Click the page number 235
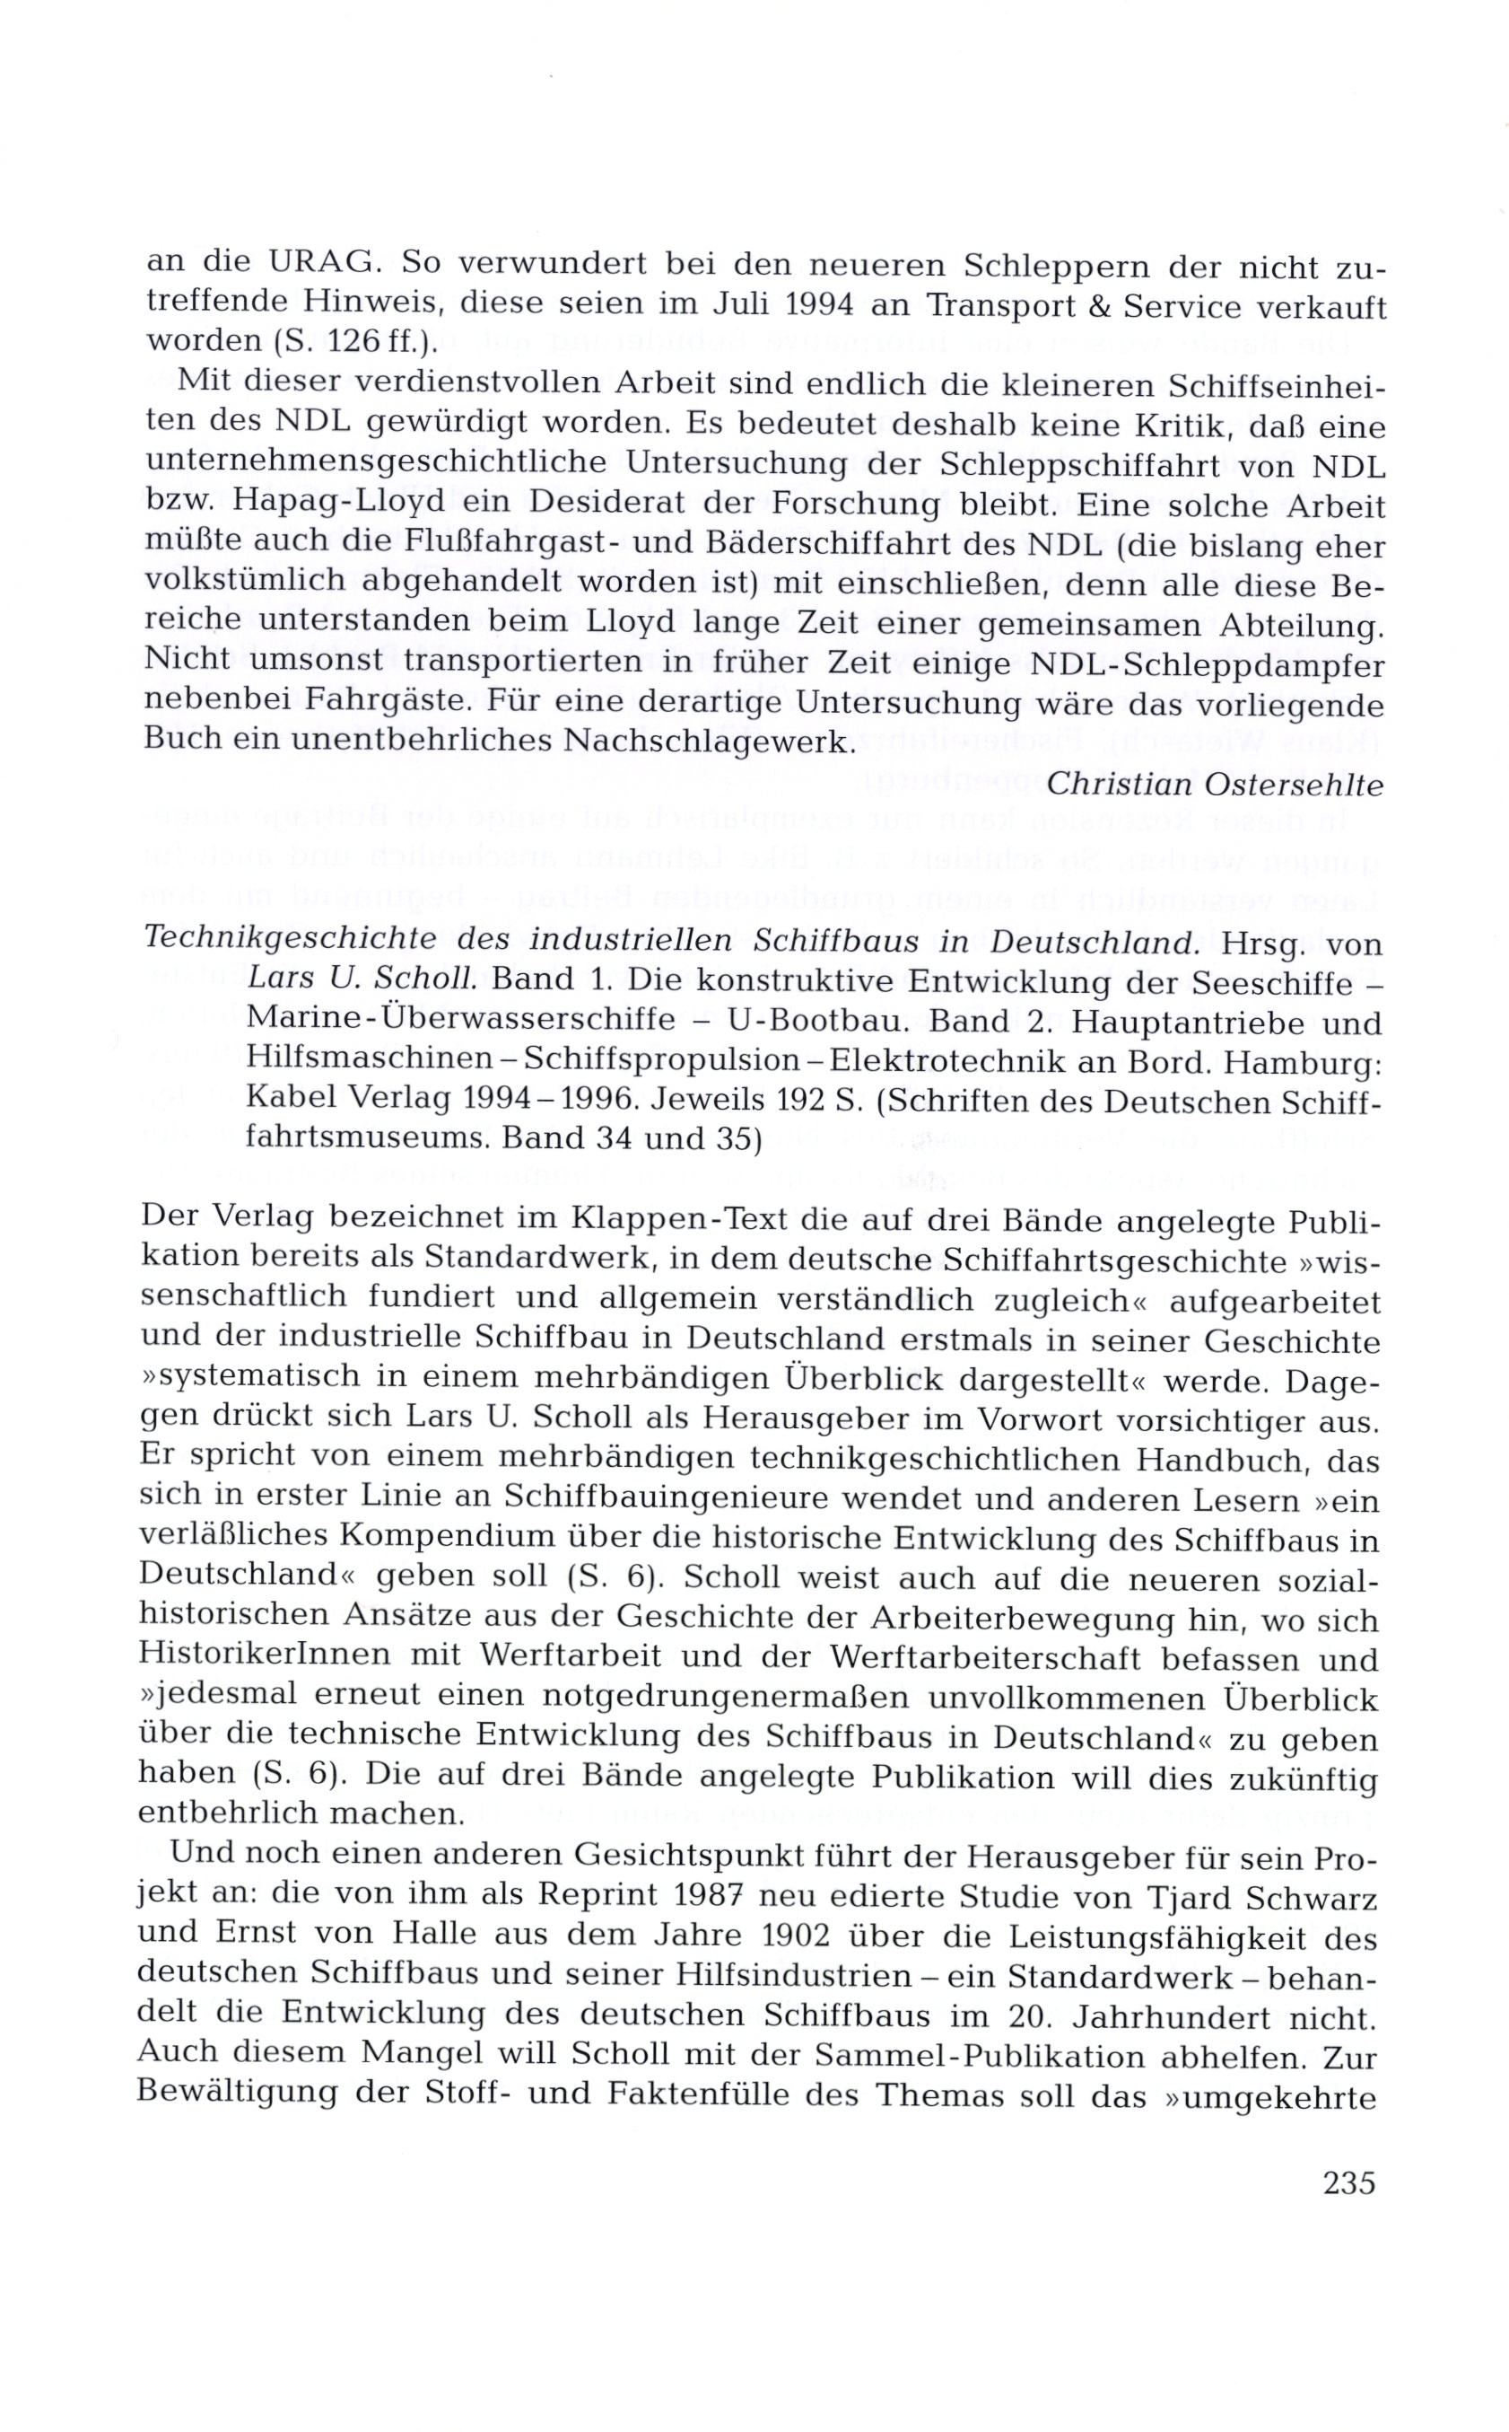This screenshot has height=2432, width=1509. [x=1349, y=2183]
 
